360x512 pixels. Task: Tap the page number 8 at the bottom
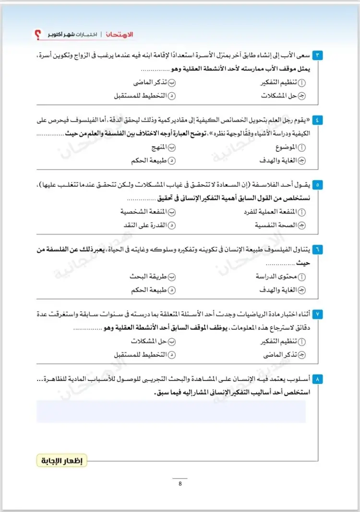(x=180, y=484)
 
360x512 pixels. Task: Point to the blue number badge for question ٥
(x=319, y=184)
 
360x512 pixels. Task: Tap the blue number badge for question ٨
(x=319, y=379)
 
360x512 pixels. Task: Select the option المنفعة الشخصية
(x=144, y=212)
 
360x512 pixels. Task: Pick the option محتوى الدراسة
(x=278, y=277)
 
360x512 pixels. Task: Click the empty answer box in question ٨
(x=171, y=411)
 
